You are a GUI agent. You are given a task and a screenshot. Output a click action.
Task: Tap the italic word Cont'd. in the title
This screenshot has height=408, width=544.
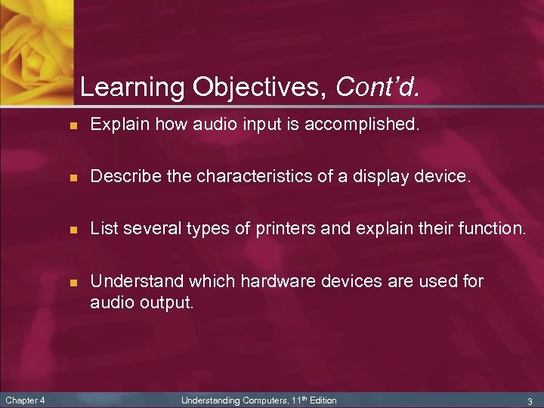pyautogui.click(x=376, y=88)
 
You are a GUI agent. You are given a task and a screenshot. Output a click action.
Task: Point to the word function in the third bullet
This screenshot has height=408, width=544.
pyautogui.click(x=491, y=229)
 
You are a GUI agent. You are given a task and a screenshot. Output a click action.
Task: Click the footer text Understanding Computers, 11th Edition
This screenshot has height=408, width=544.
pyautogui.click(x=259, y=400)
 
